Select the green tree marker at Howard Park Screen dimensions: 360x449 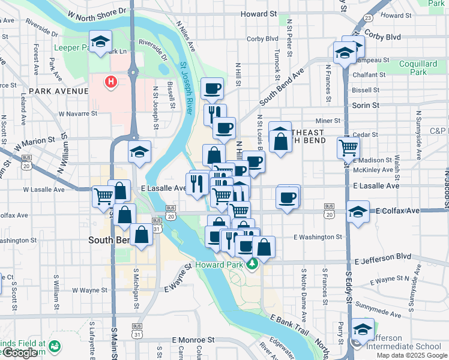253,263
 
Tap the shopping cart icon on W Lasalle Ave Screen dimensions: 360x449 103,195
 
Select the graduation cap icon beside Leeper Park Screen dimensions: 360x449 100,41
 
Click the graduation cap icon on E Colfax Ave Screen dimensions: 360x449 358,213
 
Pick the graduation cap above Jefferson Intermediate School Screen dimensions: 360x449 363,329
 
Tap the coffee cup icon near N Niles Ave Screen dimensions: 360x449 212,89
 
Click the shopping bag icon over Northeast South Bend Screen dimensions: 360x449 280,142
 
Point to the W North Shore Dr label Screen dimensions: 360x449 98,12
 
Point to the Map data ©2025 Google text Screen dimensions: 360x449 412,355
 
